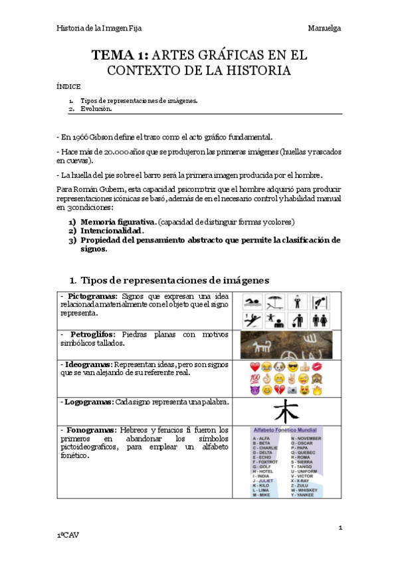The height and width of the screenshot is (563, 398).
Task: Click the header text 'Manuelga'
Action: (324, 29)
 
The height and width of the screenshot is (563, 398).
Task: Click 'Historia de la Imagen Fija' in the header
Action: (99, 29)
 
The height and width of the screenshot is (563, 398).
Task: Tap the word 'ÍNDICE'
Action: (68, 86)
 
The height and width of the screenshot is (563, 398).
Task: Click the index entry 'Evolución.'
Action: (96, 108)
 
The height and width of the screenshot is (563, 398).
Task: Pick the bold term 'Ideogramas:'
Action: (88, 364)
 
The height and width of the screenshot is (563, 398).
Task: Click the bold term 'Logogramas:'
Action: (90, 402)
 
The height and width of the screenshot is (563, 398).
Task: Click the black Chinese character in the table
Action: (286, 410)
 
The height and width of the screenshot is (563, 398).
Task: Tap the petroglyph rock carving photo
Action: (286, 345)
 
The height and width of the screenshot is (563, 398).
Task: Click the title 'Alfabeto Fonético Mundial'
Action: (286, 431)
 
